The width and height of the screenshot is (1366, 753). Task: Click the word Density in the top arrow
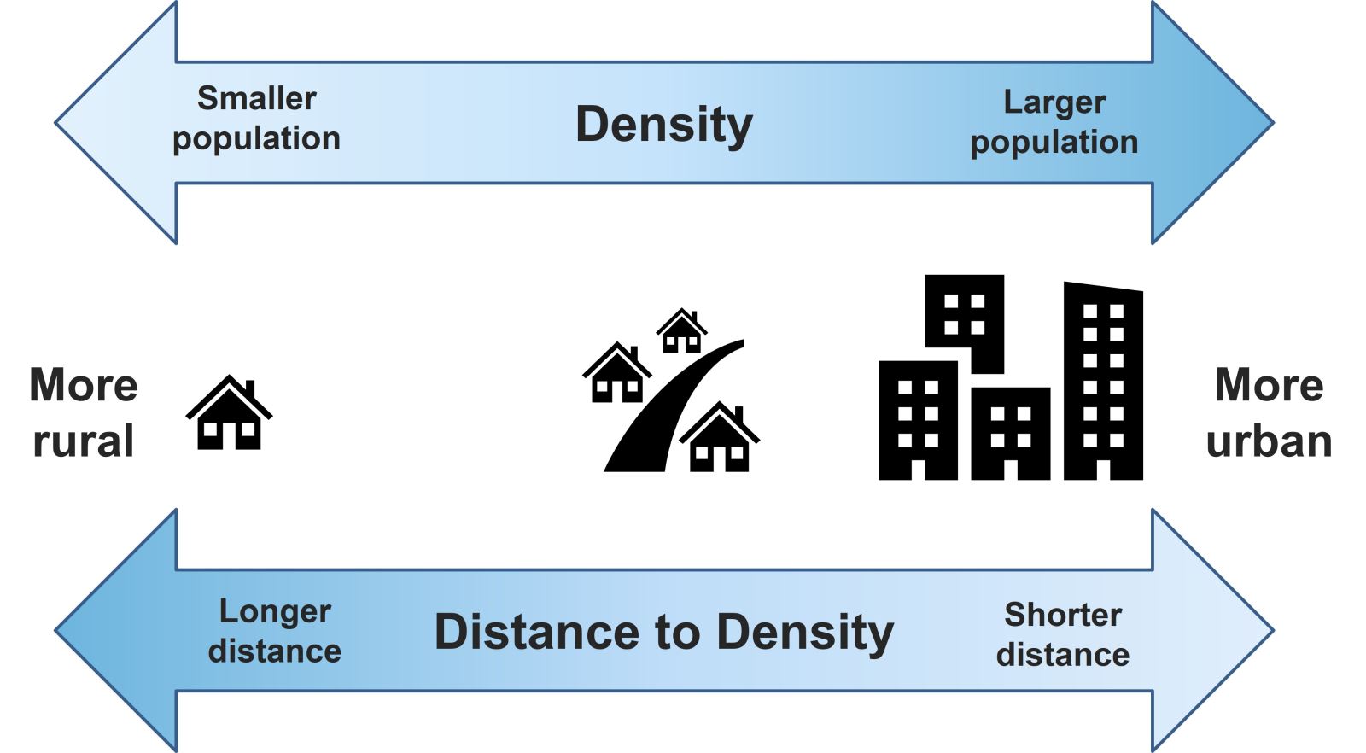(x=663, y=125)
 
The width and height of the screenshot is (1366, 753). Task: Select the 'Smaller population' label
(x=256, y=119)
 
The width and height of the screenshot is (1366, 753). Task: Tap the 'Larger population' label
(x=1054, y=122)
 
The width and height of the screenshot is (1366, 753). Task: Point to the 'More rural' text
(x=83, y=413)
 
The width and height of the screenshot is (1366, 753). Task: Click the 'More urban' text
(x=1269, y=413)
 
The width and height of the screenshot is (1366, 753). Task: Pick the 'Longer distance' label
(x=274, y=631)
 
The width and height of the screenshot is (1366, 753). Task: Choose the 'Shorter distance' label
(x=1063, y=634)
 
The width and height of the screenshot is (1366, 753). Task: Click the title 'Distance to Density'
(x=663, y=633)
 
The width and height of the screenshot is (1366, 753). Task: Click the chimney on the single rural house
(x=249, y=388)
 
